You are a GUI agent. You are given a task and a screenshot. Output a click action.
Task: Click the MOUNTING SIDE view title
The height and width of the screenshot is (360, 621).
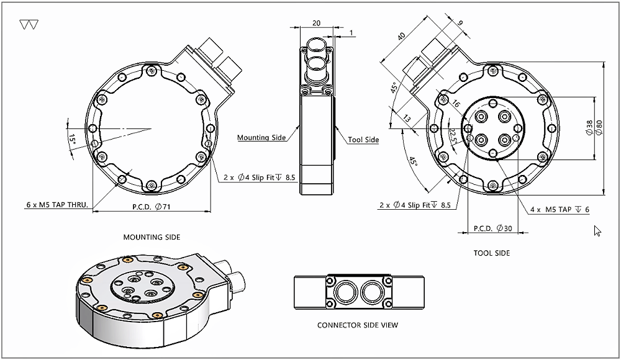click(x=152, y=237)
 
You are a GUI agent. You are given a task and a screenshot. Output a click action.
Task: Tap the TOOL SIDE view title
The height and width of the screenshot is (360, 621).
click(x=491, y=253)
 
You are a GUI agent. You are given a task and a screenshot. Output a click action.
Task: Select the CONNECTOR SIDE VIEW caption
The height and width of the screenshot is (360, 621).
click(x=357, y=325)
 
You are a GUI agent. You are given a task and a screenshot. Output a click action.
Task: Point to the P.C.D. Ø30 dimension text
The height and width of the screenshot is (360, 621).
click(x=492, y=228)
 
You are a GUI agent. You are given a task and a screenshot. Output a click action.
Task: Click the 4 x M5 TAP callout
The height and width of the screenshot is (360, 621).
click(x=560, y=210)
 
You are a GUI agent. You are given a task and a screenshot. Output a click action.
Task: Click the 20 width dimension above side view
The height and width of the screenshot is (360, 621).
click(x=316, y=23)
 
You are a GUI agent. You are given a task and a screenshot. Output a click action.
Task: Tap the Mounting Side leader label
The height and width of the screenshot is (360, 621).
click(x=261, y=138)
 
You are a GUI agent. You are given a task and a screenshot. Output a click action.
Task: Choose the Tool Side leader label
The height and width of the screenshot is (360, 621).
click(x=363, y=140)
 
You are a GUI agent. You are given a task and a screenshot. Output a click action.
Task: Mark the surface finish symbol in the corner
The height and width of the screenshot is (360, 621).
click(x=29, y=25)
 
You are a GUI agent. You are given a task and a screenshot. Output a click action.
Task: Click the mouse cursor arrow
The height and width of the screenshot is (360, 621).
click(x=597, y=231)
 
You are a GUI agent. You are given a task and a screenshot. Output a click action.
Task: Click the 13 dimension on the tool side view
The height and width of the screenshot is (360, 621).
click(x=407, y=118)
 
